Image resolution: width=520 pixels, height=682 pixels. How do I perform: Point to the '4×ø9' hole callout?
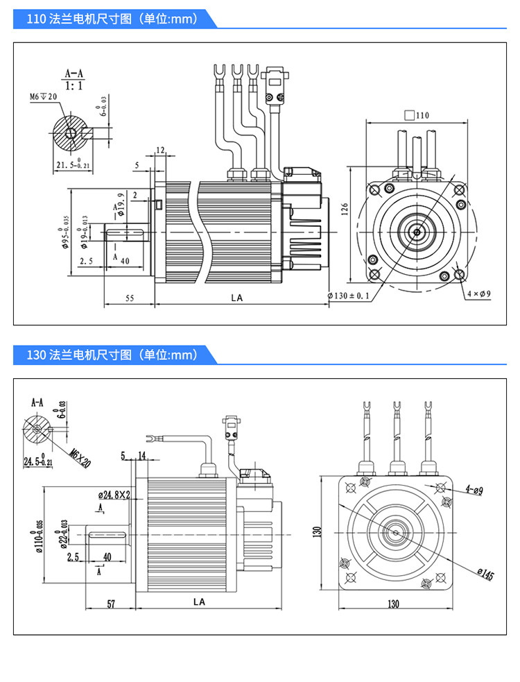(478, 293)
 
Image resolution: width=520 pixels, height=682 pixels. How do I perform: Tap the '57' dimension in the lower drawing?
(110, 604)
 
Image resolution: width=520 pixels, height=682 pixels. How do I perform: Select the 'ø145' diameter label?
(485, 574)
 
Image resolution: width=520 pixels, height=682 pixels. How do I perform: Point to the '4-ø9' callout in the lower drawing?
(474, 491)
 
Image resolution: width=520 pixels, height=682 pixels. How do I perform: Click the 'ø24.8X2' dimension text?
(115, 495)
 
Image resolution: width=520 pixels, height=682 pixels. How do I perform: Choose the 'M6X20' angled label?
(80, 457)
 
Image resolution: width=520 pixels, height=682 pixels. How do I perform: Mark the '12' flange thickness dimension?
(160, 151)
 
